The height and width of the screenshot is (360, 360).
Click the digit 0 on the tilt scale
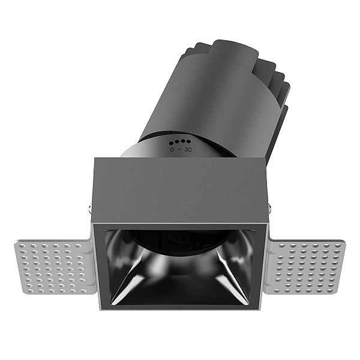pyautogui.click(x=172, y=149)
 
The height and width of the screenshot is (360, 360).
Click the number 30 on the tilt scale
pyautogui.click(x=188, y=149)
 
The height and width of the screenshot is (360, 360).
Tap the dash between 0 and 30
pyautogui.click(x=179, y=149)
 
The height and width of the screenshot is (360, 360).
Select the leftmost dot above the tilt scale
pyautogui.click(x=171, y=143)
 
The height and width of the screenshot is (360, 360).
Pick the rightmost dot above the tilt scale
pyautogui.click(x=188, y=141)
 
